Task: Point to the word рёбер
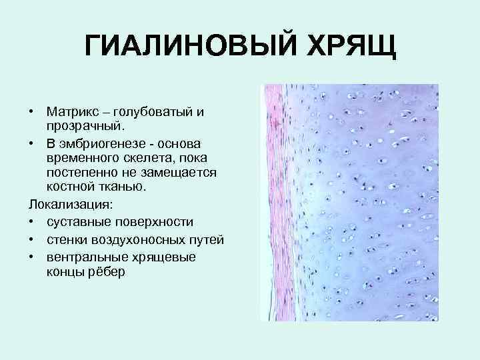107,272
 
